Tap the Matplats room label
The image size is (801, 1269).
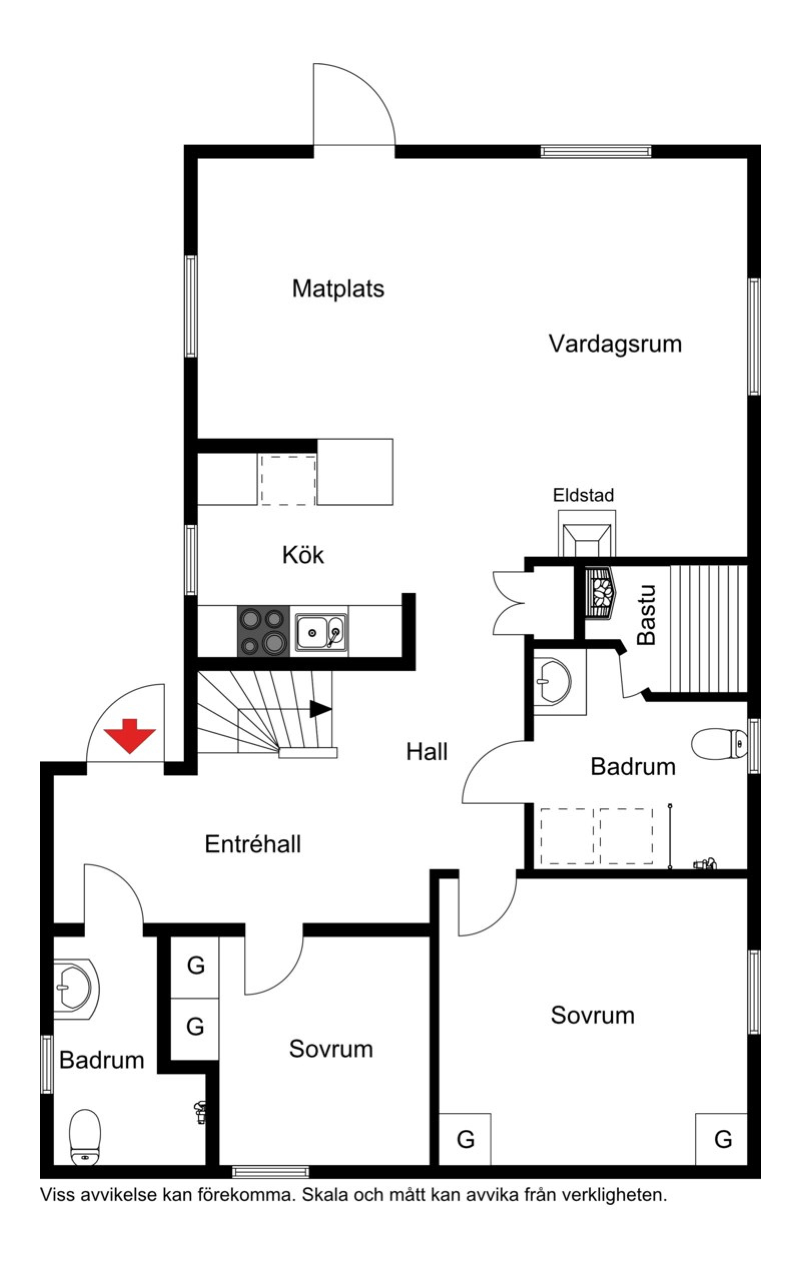338,289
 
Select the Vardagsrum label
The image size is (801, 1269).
615,344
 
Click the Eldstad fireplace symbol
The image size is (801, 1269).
587,534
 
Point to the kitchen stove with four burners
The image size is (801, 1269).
263,631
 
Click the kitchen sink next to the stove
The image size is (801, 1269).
320,631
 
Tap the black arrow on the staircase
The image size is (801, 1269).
319,709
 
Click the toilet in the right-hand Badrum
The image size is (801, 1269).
718,744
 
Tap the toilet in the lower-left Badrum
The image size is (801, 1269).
86,1137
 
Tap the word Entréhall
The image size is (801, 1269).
253,844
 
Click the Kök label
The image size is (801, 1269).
303,555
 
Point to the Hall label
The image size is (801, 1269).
427,752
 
